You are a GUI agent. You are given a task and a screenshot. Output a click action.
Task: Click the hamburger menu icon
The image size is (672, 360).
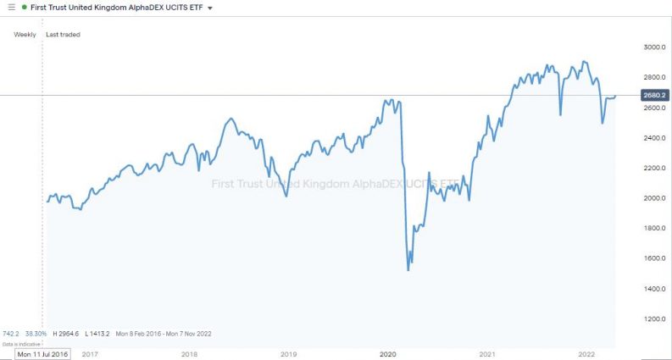point(11,8)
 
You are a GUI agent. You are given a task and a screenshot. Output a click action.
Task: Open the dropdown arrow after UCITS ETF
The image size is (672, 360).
point(210,8)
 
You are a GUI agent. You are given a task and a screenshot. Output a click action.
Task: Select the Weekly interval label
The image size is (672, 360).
point(25,35)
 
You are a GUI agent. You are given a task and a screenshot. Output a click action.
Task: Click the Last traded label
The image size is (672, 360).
point(63,35)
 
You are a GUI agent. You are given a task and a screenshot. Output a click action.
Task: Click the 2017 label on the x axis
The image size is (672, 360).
point(90,353)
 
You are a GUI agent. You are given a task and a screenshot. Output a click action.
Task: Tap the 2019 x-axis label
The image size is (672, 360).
point(288,353)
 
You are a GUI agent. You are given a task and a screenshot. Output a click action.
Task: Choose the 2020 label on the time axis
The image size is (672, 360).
point(388,353)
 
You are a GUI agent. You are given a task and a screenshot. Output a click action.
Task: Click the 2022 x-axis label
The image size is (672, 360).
point(586,353)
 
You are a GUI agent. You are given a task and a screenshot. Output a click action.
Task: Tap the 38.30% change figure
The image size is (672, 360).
point(36,334)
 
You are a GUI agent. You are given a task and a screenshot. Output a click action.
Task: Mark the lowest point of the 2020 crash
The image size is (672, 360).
point(408,270)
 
